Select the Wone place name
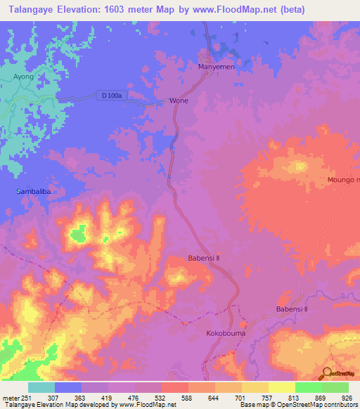point(179,100)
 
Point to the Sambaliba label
point(32,191)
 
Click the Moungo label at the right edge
point(343,181)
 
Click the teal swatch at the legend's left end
point(41,387)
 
